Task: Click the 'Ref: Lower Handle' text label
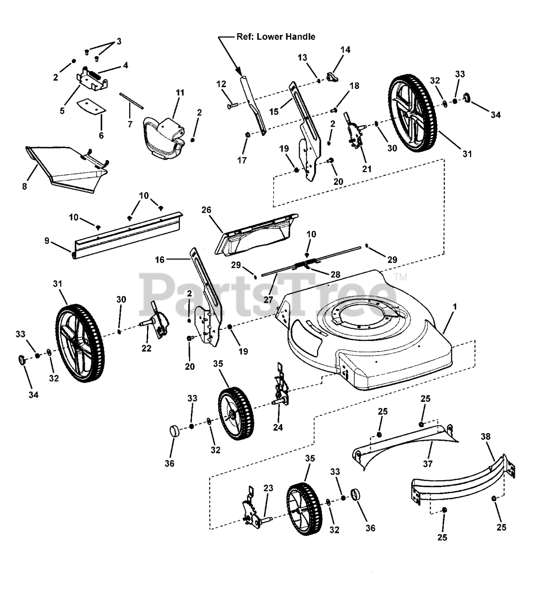[276, 37]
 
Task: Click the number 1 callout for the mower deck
[454, 307]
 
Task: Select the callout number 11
[180, 93]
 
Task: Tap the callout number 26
[206, 210]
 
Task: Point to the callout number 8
[24, 186]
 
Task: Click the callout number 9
[47, 241]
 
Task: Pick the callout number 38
[486, 437]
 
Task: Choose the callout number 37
[428, 463]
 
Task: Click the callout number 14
[345, 50]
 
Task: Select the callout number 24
[278, 427]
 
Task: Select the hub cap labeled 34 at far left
[21, 360]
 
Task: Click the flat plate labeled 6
[92, 106]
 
